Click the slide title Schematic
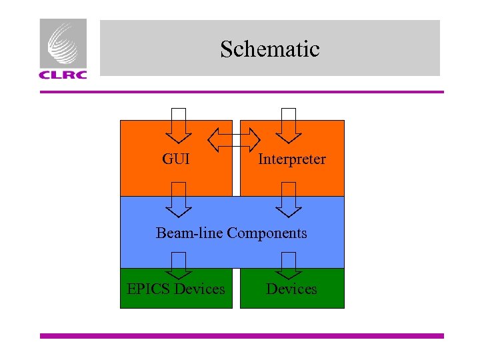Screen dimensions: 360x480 point(270,49)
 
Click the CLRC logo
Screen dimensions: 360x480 point(63,49)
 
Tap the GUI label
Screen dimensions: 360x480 point(176,159)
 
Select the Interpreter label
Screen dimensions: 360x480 point(292,159)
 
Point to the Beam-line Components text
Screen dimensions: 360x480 point(231,233)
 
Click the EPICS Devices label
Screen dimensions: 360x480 point(176,289)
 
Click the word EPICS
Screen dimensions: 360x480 point(148,289)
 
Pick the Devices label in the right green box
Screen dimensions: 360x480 point(292,289)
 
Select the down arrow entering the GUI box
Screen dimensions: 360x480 point(179,125)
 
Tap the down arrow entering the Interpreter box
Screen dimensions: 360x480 point(289,125)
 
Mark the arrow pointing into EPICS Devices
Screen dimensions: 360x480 point(179,265)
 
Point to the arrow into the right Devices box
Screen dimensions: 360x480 point(289,265)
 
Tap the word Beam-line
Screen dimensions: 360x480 point(190,233)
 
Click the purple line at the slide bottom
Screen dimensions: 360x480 point(241,336)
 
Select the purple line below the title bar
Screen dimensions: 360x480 point(241,92)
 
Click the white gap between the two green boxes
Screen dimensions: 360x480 point(236,288)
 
